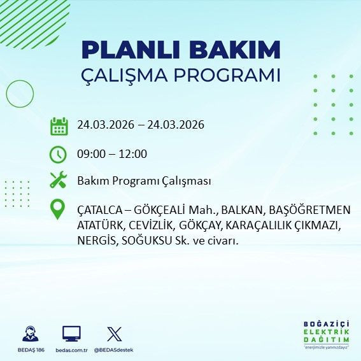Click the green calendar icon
click(59, 125)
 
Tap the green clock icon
click(59, 154)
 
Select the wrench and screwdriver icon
click(59, 181)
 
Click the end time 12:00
click(133, 154)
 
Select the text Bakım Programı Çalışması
click(144, 181)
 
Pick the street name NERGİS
click(94, 241)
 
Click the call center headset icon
click(29, 334)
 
